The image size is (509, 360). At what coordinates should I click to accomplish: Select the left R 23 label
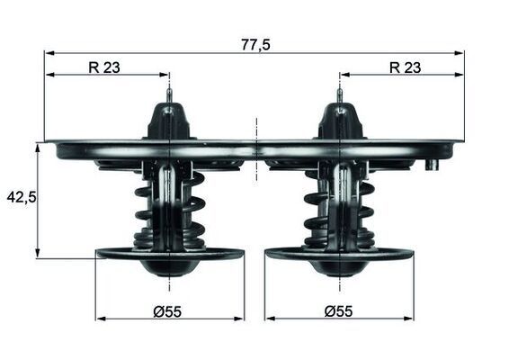click(106, 66)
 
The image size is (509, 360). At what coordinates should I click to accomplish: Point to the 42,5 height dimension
click(21, 196)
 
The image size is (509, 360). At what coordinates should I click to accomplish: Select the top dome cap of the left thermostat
click(169, 121)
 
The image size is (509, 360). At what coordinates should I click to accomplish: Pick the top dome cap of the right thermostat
click(339, 121)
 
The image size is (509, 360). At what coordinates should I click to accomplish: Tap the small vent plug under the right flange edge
click(433, 165)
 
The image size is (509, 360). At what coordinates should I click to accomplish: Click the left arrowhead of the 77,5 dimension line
click(49, 53)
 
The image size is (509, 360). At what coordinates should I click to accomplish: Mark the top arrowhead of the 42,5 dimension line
click(38, 146)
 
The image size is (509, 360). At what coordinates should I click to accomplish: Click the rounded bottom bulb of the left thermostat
click(169, 267)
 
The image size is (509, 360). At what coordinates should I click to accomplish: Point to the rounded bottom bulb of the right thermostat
click(339, 267)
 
